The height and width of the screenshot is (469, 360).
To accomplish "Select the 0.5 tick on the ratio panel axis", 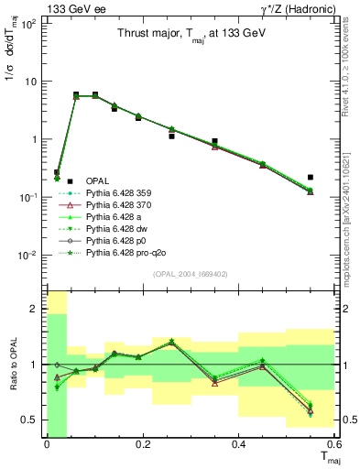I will tap(31, 420).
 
